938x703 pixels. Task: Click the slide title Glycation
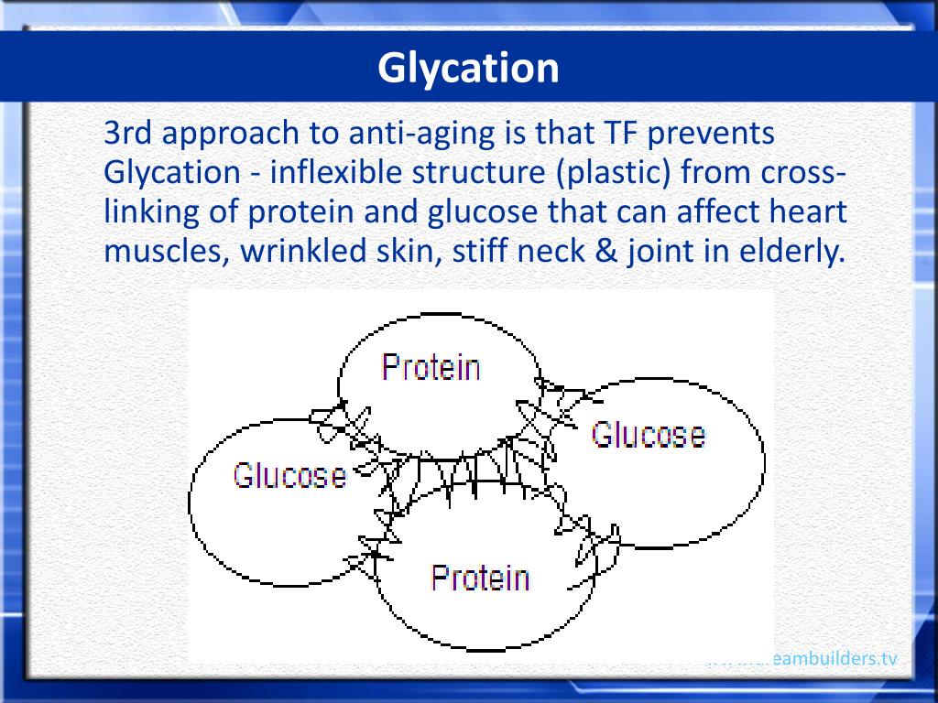(468, 68)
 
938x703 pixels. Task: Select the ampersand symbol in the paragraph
(608, 251)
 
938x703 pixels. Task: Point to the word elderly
(791, 251)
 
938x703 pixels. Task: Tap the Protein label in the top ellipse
(431, 367)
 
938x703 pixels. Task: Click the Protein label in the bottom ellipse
(480, 578)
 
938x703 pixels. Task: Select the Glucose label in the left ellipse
(289, 475)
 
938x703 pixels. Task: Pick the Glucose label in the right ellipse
(648, 433)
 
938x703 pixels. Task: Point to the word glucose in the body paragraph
(482, 211)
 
